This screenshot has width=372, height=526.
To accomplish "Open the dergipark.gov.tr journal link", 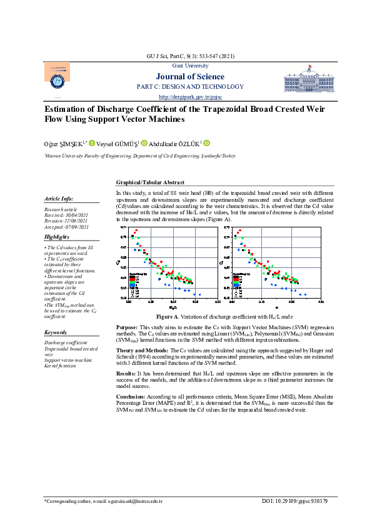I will (186, 97).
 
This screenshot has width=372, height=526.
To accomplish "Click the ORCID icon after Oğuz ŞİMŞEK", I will (91, 142).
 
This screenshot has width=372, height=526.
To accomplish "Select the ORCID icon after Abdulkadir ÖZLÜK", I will (207, 142).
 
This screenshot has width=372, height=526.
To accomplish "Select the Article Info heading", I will (58, 198).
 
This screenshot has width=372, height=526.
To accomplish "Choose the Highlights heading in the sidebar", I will (56, 237).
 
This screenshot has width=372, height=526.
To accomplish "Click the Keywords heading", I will (56, 332).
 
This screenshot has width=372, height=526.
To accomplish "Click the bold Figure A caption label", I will (168, 317).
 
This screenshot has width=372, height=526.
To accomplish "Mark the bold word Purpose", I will (127, 327).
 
